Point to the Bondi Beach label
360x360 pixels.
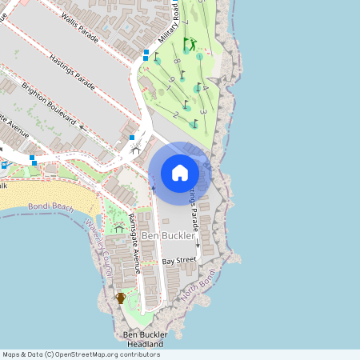coord(50,206)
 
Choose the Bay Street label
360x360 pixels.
coord(179,261)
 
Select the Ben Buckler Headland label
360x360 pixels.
coord(144,339)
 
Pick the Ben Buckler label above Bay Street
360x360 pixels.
coord(167,236)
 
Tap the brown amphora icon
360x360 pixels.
coord(121,298)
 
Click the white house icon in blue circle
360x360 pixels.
coord(179,173)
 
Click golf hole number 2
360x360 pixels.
coord(175,114)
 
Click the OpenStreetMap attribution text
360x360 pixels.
coord(81,354)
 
